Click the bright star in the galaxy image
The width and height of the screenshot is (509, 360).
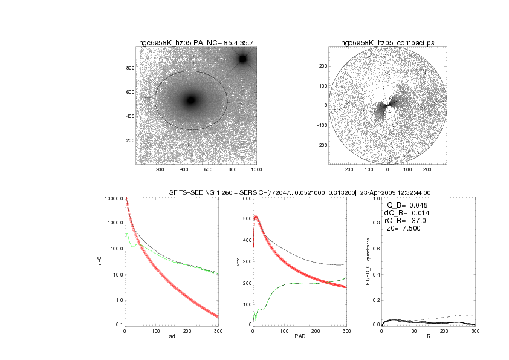pos(242,59)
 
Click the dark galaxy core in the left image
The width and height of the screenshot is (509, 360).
pos(191,100)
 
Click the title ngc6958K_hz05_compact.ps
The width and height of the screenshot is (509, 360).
pos(387,43)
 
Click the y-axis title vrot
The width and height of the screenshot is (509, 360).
pos(229,261)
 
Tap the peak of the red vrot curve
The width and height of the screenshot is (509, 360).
pos(256,216)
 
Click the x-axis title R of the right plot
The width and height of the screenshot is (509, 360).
pos(428,336)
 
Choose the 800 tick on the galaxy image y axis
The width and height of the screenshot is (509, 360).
pos(129,68)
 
